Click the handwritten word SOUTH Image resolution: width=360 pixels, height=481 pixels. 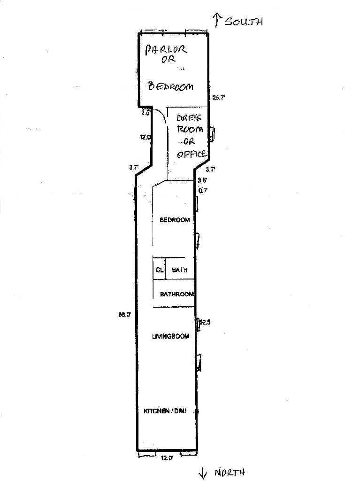tap(244, 21)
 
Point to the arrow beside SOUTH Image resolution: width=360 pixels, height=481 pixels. tap(217, 19)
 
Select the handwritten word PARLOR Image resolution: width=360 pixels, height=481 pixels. tap(166, 49)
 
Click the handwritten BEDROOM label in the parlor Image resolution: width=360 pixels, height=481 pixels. tap(171, 86)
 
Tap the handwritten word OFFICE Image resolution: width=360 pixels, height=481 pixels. tap(191, 154)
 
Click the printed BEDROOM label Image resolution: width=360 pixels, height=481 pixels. tap(175, 220)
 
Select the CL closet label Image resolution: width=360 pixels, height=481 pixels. tap(160, 270)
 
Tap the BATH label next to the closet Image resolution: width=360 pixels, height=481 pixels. tap(180, 270)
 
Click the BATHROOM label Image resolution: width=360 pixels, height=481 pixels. tap(177, 295)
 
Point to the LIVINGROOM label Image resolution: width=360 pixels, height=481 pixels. tap(170, 336)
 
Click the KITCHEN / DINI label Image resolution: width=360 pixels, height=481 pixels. tap(165, 411)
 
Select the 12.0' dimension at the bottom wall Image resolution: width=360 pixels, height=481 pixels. tap(167, 458)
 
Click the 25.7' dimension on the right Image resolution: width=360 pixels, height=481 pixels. tap(219, 98)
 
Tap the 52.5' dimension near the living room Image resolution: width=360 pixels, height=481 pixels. tap(206, 322)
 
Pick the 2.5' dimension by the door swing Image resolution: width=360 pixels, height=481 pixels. tap(146, 113)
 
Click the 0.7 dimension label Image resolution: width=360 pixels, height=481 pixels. tap(203, 190)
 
